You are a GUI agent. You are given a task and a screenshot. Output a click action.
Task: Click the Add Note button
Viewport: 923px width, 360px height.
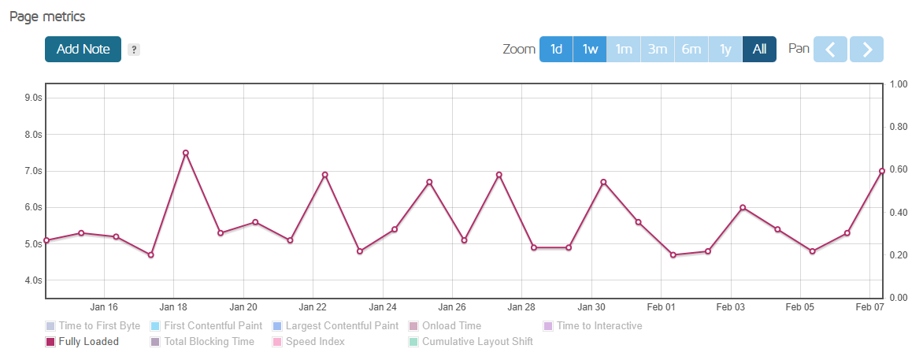[83, 49]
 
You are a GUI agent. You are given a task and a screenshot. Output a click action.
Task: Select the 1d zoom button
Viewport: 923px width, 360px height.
[556, 49]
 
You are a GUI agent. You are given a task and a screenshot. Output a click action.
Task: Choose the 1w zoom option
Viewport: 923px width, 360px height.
[590, 49]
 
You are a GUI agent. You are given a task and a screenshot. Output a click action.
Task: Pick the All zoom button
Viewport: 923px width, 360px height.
[759, 49]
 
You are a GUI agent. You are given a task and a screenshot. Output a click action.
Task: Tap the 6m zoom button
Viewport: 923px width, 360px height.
[691, 49]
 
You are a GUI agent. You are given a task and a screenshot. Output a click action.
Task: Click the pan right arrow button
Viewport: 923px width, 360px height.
[867, 49]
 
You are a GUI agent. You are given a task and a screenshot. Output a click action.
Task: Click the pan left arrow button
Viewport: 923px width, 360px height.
[830, 49]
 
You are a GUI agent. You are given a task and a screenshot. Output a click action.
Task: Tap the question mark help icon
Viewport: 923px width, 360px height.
[134, 50]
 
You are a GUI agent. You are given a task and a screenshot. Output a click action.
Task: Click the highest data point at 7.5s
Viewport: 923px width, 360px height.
[186, 153]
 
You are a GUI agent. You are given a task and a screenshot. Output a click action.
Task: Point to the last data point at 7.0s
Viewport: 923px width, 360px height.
[882, 171]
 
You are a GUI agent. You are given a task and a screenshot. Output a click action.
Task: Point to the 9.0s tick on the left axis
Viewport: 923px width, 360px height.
[33, 98]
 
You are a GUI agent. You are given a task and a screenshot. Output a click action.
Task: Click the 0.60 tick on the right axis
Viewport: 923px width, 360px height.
[898, 169]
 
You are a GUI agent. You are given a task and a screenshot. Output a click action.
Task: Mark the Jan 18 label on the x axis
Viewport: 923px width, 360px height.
[173, 307]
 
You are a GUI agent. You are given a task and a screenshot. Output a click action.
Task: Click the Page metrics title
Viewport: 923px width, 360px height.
[47, 17]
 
